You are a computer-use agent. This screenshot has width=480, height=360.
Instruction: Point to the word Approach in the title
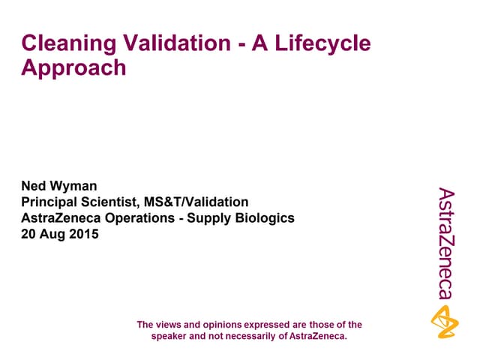click(x=73, y=68)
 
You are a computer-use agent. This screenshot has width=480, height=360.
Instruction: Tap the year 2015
click(x=84, y=234)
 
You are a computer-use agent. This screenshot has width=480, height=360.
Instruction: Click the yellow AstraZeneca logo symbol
click(x=445, y=320)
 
